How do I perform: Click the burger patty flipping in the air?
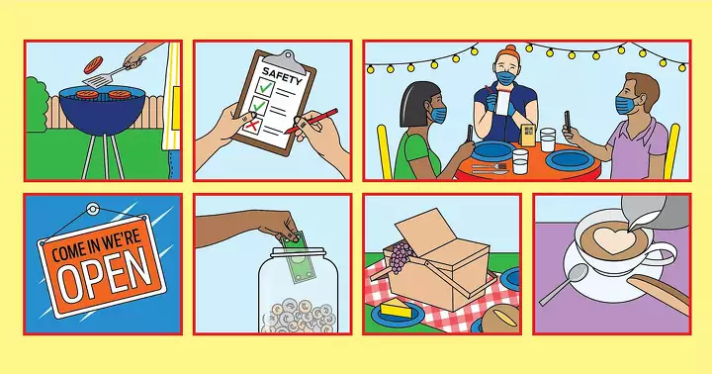tap(94, 64)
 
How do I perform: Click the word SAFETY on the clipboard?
tap(282, 76)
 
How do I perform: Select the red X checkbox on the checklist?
tap(251, 125)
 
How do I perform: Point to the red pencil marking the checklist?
tap(311, 121)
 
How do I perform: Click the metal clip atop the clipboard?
tap(284, 60)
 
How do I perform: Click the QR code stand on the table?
tap(528, 135)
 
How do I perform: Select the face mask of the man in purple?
tap(626, 105)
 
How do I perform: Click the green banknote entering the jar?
tap(298, 257)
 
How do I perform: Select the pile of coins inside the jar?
tap(299, 315)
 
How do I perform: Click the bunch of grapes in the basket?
tap(400, 257)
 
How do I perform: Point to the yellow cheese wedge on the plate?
tap(395, 310)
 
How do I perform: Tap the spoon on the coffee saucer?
tap(564, 284)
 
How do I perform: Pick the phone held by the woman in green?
tap(470, 133)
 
